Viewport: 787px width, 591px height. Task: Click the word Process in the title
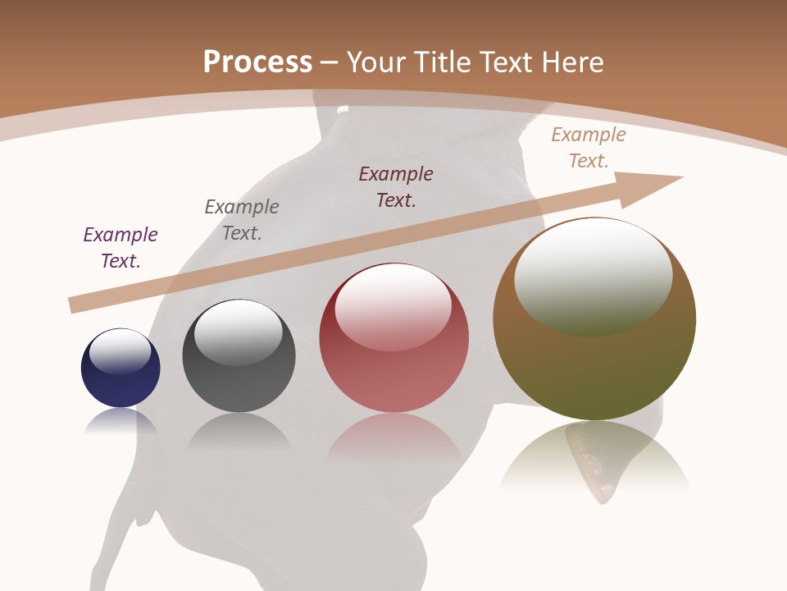click(257, 62)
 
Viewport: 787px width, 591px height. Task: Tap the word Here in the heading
click(572, 62)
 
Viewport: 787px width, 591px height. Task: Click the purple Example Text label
click(121, 248)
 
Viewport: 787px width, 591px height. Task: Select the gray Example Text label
click(242, 220)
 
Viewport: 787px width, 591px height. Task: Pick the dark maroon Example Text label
click(396, 187)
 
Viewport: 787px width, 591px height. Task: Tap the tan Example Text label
click(589, 148)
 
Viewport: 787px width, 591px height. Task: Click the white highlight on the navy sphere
click(121, 351)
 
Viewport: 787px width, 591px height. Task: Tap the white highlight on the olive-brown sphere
click(594, 275)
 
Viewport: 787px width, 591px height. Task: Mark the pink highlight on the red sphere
click(393, 306)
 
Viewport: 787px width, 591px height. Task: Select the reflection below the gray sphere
click(239, 431)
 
